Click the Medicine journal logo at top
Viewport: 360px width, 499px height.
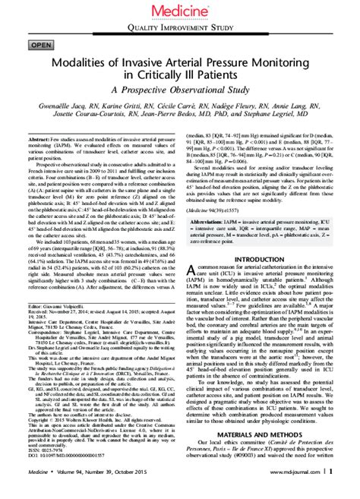coord(180,9)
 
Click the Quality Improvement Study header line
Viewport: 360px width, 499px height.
coord(180,28)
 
